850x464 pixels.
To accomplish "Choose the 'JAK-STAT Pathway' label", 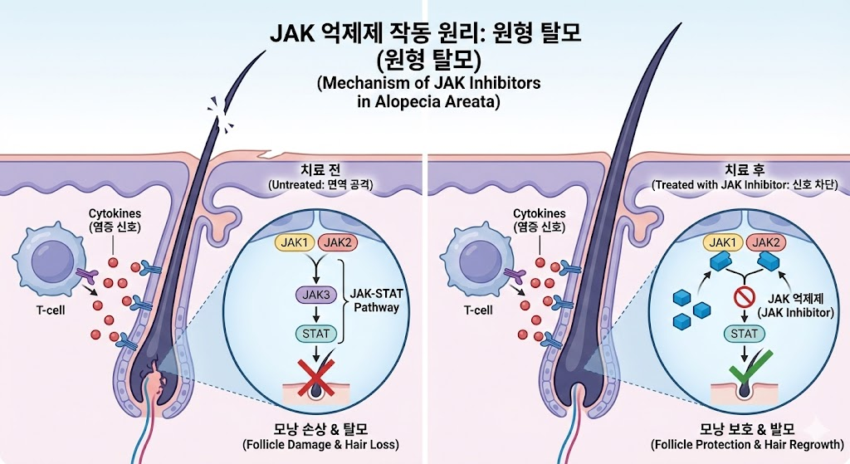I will pos(377,300).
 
